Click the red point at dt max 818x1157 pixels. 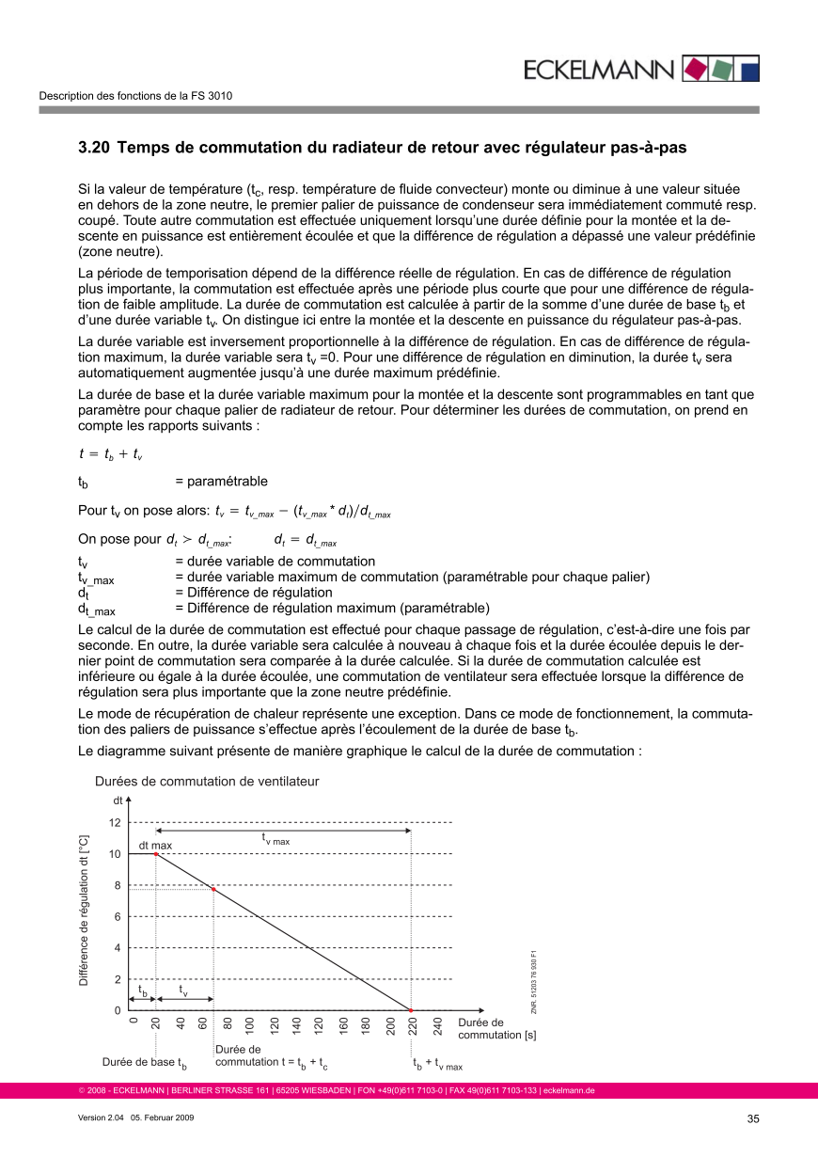coord(156,854)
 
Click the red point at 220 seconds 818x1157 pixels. coord(412,1010)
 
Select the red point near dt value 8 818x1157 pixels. coord(214,889)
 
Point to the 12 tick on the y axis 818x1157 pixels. coord(115,823)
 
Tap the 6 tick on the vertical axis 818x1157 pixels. coord(115,917)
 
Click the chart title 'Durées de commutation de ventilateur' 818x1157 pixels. coord(207,782)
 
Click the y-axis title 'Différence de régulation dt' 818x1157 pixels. coord(84,911)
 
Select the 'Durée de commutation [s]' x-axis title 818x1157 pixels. coord(490,1029)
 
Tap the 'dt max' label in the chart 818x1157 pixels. coord(156,845)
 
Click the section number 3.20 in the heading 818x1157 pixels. coord(94,148)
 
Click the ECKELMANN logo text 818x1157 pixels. coord(598,70)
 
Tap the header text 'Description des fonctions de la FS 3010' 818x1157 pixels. coord(135,96)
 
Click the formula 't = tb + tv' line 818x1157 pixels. coord(110,454)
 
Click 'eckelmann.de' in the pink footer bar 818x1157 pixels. coord(569,1091)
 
